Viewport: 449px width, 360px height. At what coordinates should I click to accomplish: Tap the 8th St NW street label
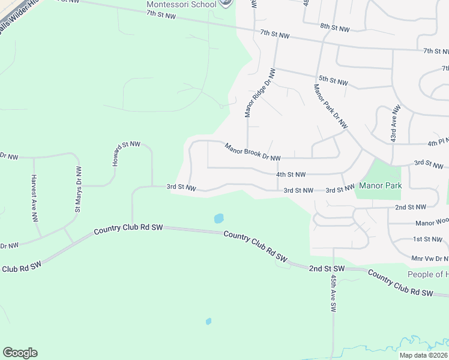click(334, 28)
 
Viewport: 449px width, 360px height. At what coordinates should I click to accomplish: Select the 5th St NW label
click(333, 80)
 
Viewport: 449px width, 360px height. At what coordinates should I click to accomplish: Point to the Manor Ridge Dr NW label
click(260, 92)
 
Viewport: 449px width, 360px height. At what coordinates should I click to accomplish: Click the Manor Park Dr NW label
click(331, 106)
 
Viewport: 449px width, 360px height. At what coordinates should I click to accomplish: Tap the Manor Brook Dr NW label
click(253, 152)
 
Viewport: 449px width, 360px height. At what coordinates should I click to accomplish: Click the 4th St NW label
click(291, 175)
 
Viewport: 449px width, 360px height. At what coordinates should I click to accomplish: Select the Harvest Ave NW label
click(34, 198)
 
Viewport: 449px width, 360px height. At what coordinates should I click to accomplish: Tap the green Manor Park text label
click(380, 186)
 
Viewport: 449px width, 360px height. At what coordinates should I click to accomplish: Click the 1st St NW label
click(427, 239)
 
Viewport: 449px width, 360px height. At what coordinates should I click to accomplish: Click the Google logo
click(20, 353)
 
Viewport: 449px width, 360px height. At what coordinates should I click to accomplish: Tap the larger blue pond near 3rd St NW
click(218, 218)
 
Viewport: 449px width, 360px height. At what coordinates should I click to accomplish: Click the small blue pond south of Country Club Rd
click(208, 321)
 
